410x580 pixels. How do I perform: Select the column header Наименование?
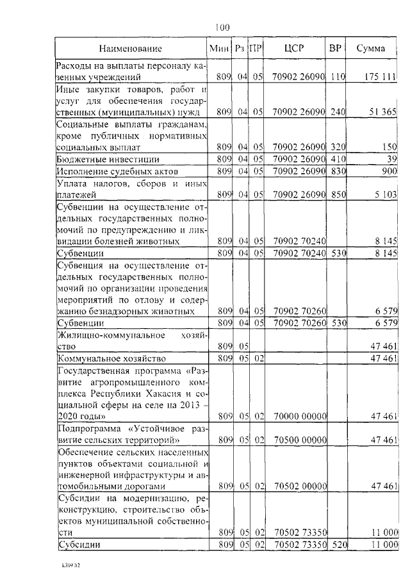130,49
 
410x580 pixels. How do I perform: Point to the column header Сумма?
370,49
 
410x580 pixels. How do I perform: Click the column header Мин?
219,49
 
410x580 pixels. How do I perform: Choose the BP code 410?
338,159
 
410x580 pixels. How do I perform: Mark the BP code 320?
338,147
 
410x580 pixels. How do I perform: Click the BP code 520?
338,544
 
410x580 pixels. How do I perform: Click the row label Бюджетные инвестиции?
107,159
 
